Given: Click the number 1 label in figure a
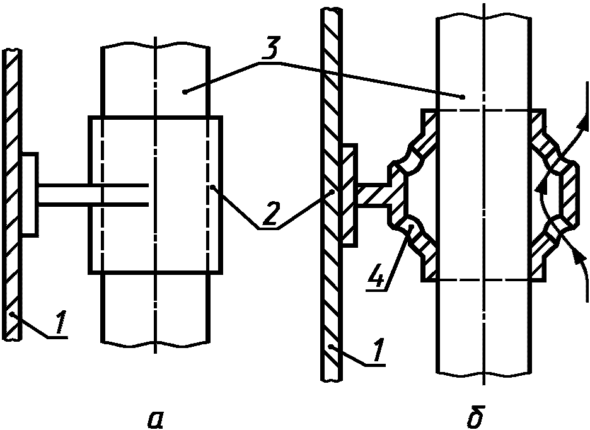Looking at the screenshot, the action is [61, 323].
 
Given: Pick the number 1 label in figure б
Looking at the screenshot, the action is [378, 350].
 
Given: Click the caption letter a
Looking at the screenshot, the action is [155, 419].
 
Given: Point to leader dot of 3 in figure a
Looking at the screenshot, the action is [184, 91].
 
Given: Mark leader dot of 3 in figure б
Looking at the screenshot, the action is [463, 97].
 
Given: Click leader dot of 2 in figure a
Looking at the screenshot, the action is [212, 186].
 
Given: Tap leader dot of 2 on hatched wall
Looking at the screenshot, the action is [332, 192].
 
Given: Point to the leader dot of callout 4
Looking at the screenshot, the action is [412, 227].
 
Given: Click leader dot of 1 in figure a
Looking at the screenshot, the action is [13, 313].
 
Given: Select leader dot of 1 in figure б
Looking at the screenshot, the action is [330, 346].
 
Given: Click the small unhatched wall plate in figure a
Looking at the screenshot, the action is [30, 195].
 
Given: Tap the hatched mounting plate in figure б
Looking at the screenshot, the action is [349, 195].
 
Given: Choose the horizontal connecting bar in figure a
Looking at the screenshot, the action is [93, 195].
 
